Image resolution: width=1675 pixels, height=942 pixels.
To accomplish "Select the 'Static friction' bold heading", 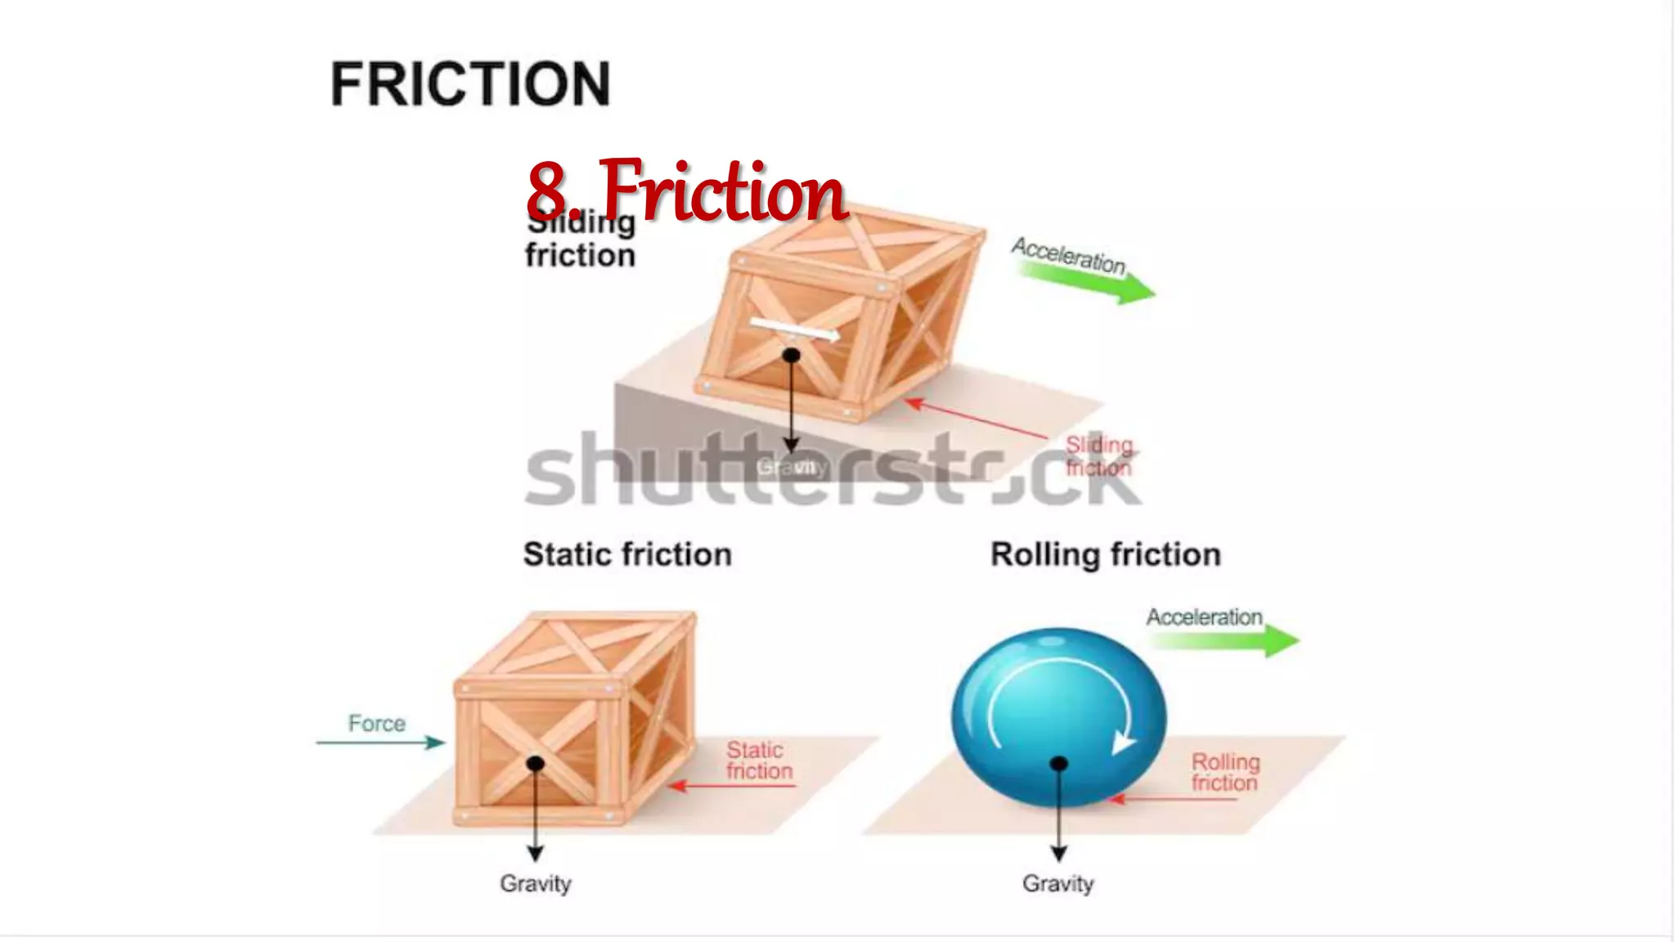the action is (627, 554).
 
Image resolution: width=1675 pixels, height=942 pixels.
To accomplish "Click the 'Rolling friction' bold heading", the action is (1106, 554).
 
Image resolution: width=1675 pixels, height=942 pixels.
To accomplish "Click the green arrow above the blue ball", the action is (1227, 641).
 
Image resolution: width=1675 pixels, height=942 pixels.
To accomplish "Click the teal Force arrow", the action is (380, 742).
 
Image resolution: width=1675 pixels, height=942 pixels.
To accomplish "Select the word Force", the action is (377, 724).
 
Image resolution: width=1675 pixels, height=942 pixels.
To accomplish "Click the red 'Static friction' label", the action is (758, 760).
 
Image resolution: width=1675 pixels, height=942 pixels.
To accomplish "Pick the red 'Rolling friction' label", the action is (1224, 772).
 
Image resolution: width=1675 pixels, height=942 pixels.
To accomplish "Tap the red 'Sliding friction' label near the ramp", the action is (1098, 456).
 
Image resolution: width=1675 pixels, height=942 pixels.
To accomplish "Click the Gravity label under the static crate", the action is (536, 884).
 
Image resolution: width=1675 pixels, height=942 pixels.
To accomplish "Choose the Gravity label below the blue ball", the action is (1058, 884).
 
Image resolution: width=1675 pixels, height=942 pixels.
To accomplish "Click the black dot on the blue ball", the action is (1058, 764).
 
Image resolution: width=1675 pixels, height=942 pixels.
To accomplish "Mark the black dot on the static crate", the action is (536, 764).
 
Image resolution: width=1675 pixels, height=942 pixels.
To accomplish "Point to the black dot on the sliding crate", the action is (791, 356).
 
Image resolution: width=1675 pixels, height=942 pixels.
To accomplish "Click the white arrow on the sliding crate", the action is (793, 330).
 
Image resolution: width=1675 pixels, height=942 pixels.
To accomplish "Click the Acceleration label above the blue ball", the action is (1204, 617).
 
